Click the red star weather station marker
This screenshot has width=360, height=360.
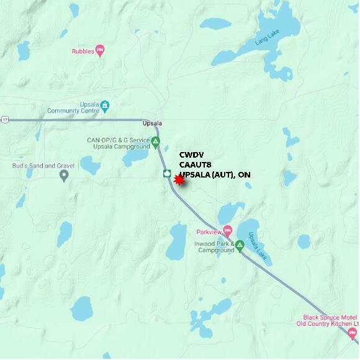(179, 180)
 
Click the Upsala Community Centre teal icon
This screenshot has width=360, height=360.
(105, 106)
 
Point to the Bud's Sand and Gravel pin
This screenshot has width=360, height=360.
(64, 176)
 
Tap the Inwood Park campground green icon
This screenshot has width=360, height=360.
(240, 245)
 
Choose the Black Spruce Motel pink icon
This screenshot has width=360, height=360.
(353, 334)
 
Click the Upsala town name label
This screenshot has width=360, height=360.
(152, 123)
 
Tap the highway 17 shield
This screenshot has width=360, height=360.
(5, 119)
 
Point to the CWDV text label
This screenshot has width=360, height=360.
(191, 155)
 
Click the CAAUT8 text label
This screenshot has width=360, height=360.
(196, 165)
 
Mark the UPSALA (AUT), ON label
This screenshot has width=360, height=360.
(215, 175)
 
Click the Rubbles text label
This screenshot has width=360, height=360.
(82, 51)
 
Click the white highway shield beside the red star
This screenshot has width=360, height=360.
(166, 173)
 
